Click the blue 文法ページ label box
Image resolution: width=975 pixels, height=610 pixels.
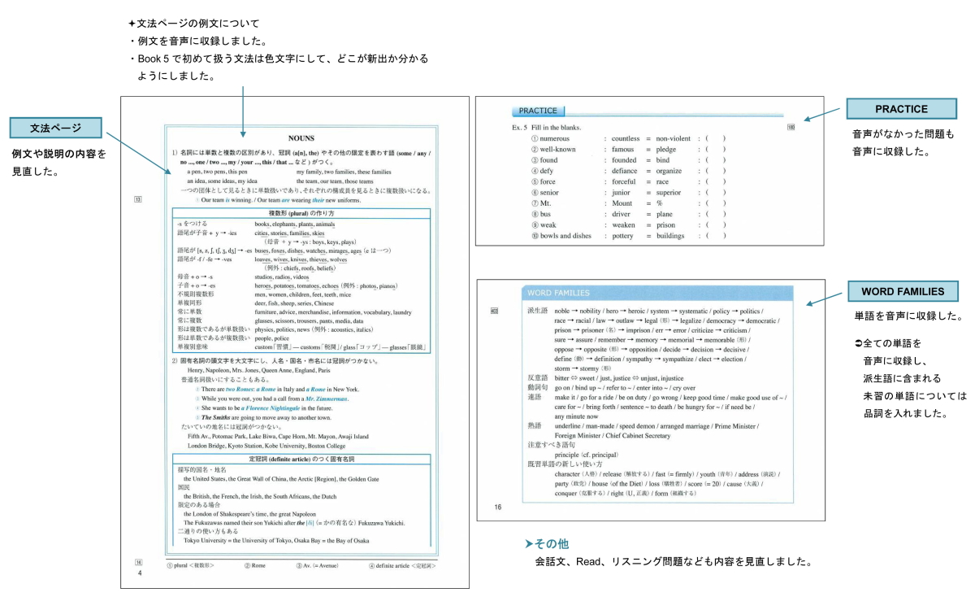[x=56, y=129]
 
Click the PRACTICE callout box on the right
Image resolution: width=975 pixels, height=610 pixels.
[x=901, y=109]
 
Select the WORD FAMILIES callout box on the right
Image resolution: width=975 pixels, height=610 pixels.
[x=901, y=292]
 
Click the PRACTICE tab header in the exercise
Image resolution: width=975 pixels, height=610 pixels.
[x=539, y=111]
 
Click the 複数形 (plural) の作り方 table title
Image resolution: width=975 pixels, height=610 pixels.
[x=302, y=213]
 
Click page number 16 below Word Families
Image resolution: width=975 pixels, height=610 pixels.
[x=498, y=508]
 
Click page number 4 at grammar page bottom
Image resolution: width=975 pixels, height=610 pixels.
[x=139, y=573]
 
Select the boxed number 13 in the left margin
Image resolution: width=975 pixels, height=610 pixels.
[x=138, y=199]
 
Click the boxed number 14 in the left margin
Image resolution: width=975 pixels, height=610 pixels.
[x=138, y=562]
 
